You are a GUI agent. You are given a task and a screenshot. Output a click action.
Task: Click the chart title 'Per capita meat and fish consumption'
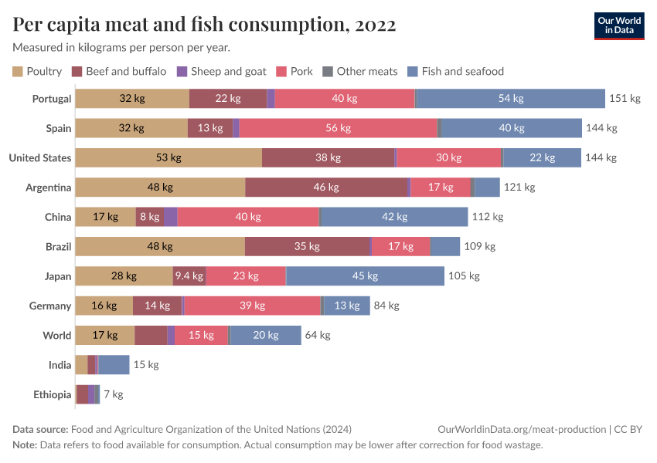click(x=204, y=25)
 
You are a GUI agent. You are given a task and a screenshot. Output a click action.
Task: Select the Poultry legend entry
click(x=37, y=71)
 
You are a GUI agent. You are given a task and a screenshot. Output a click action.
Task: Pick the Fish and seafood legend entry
click(x=455, y=71)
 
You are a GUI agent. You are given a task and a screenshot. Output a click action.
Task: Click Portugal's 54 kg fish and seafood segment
click(x=510, y=99)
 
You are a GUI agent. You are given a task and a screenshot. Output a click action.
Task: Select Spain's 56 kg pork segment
click(x=338, y=128)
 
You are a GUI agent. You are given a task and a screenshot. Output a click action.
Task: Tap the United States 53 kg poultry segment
click(x=169, y=157)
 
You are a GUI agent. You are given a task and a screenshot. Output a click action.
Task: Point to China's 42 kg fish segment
click(x=393, y=217)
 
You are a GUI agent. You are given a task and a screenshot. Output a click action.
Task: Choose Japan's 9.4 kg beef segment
click(x=189, y=276)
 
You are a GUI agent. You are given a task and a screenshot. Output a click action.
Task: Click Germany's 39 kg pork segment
click(x=252, y=306)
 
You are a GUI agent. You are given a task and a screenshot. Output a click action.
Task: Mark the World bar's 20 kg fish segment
click(x=265, y=335)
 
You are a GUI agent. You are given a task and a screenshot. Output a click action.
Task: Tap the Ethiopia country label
click(x=52, y=394)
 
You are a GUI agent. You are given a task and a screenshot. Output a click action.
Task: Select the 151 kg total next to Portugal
click(x=625, y=99)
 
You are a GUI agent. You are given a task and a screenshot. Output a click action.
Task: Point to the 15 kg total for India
click(x=145, y=365)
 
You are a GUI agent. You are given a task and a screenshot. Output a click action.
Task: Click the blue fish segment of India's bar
click(x=114, y=365)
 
